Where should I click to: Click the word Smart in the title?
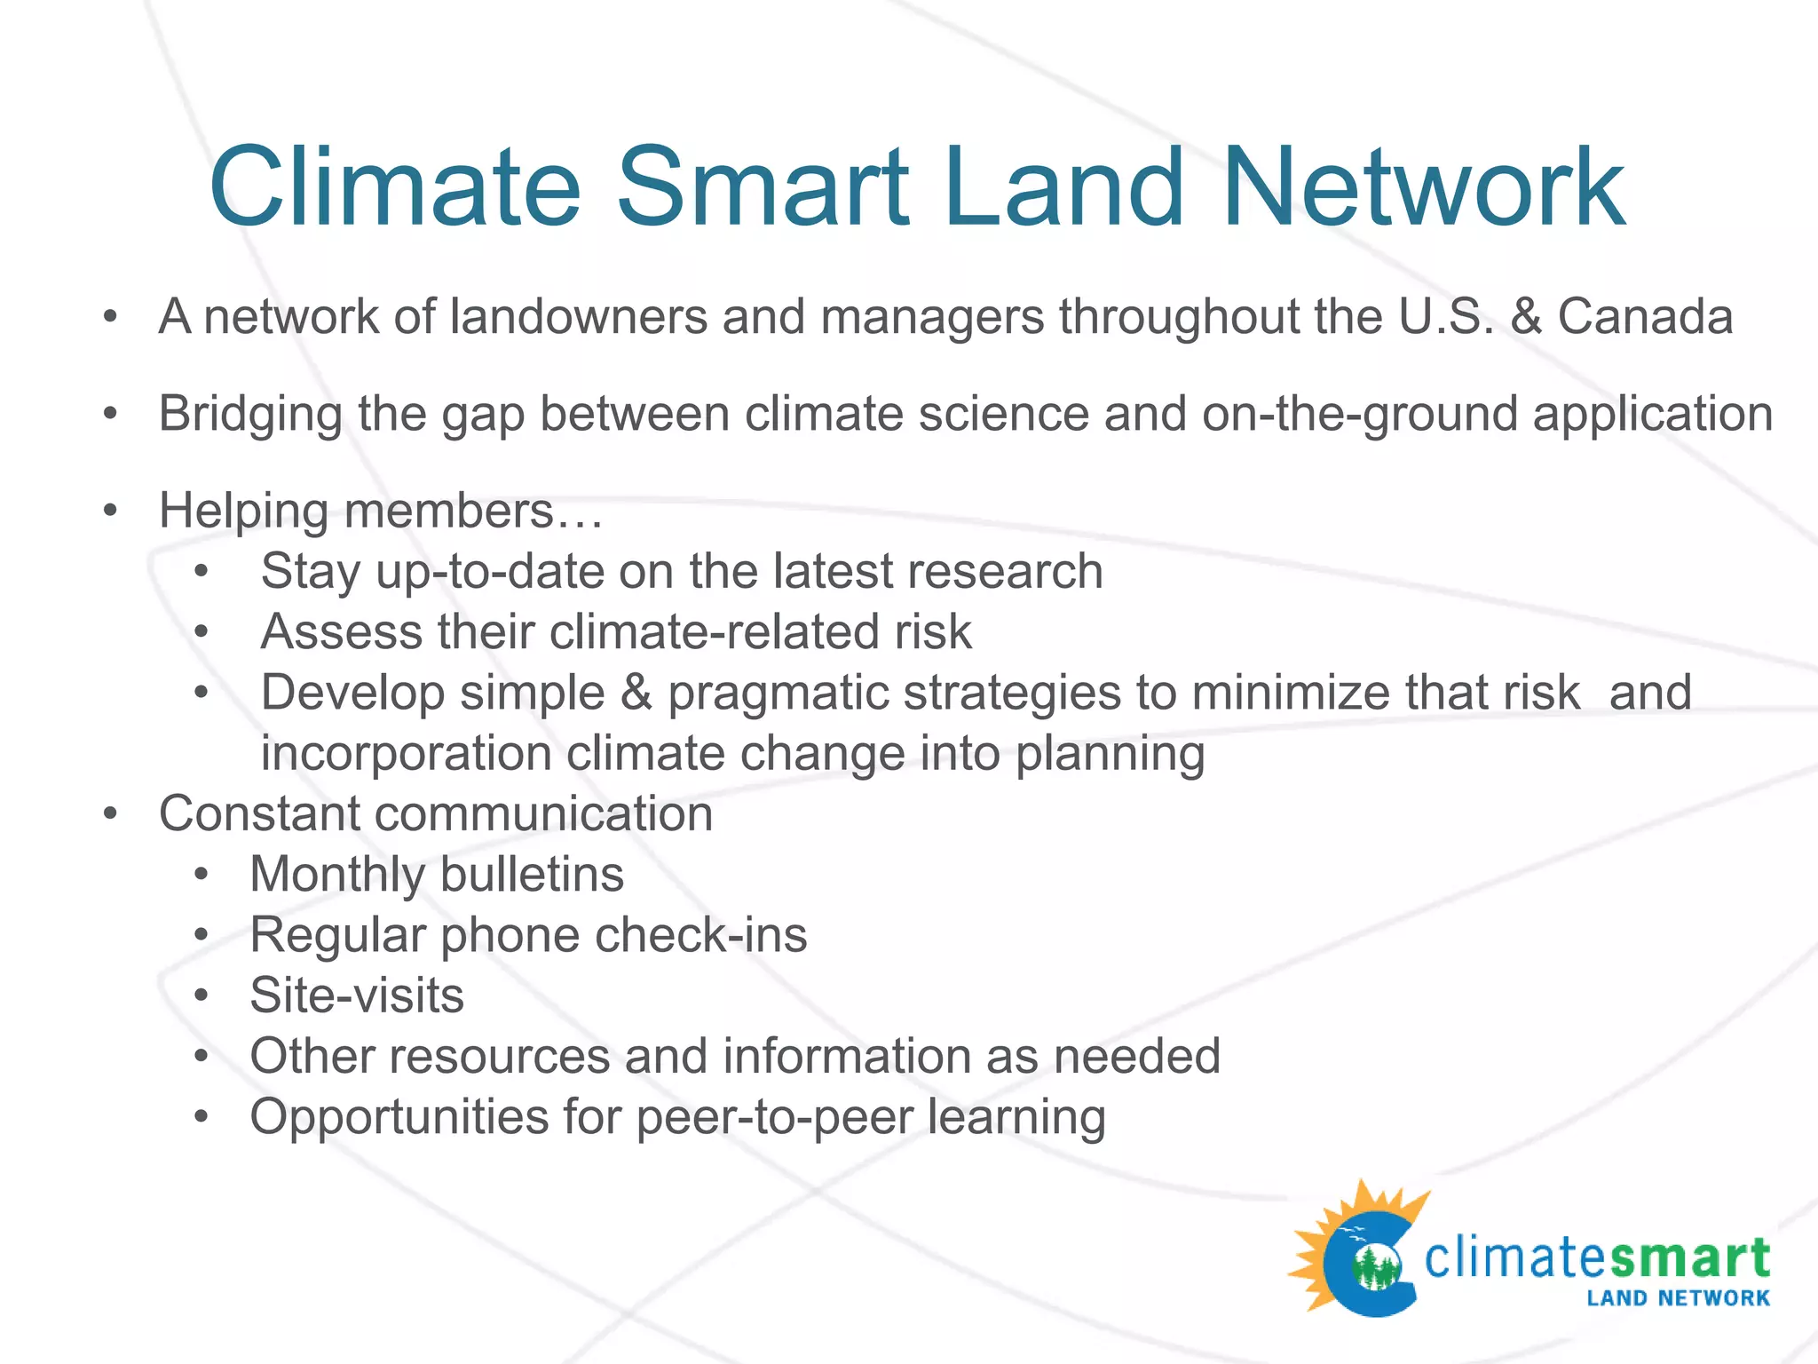click(x=763, y=188)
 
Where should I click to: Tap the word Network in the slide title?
click(x=1423, y=188)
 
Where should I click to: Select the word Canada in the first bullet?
click(x=1645, y=317)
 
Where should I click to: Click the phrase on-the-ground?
click(x=1359, y=415)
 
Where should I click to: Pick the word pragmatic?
click(x=778, y=694)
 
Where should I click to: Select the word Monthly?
click(x=337, y=876)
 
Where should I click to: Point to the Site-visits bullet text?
click(x=357, y=995)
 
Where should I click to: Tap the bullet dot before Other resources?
click(x=202, y=1057)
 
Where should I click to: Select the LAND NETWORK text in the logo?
click(x=1678, y=1298)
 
